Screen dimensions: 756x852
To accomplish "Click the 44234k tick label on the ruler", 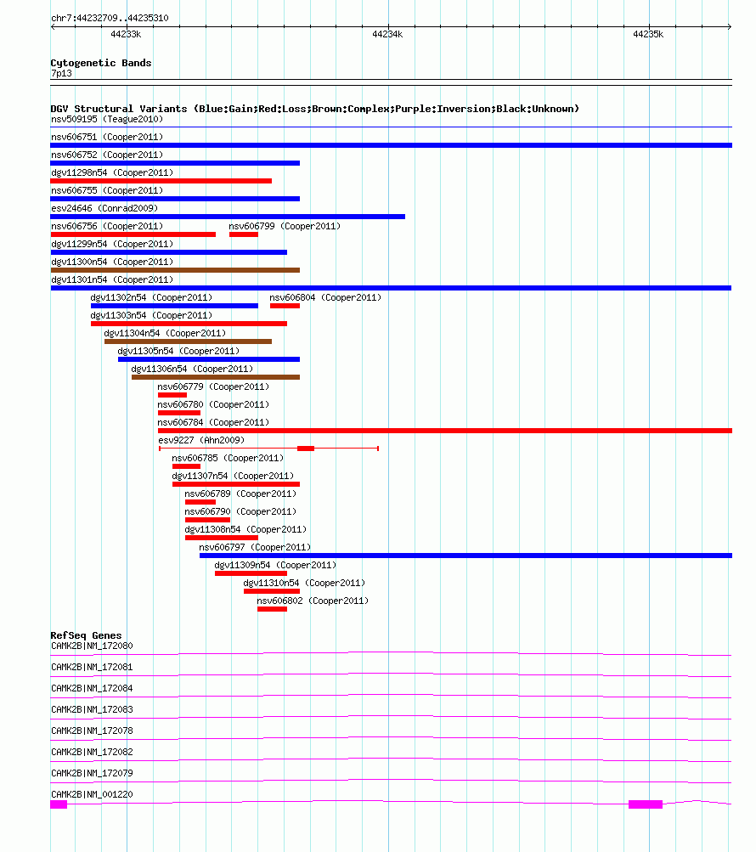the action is tap(387, 34).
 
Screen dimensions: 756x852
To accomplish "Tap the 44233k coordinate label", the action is tap(126, 34).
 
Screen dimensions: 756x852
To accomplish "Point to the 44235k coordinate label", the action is tap(648, 34).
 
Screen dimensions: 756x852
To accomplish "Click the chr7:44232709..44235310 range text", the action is tap(110, 18).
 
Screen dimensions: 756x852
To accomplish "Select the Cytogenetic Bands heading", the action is tap(101, 63).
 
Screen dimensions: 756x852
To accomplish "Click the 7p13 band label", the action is tap(61, 73).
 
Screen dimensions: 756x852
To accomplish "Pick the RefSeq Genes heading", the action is tap(86, 635).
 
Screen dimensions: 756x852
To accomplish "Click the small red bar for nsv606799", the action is tap(244, 234).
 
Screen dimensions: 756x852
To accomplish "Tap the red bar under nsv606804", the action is tap(285, 306).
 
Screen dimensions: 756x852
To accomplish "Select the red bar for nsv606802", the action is tap(273, 609).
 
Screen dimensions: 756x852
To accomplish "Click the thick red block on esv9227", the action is tap(306, 449).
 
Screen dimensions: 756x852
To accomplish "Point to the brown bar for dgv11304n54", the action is tap(188, 341).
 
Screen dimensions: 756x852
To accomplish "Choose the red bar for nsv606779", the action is tap(172, 395).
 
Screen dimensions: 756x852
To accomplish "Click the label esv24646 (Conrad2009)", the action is tap(104, 208).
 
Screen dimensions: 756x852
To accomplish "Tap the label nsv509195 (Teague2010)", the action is tap(107, 119).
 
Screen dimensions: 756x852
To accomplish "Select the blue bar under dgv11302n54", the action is tap(174, 306).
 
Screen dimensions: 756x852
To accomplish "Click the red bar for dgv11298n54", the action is tap(161, 181).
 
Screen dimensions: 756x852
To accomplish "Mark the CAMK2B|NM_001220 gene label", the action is tap(92, 794).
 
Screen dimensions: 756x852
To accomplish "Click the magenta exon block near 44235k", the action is tap(646, 804).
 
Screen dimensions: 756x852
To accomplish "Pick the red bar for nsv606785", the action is tap(186, 466).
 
